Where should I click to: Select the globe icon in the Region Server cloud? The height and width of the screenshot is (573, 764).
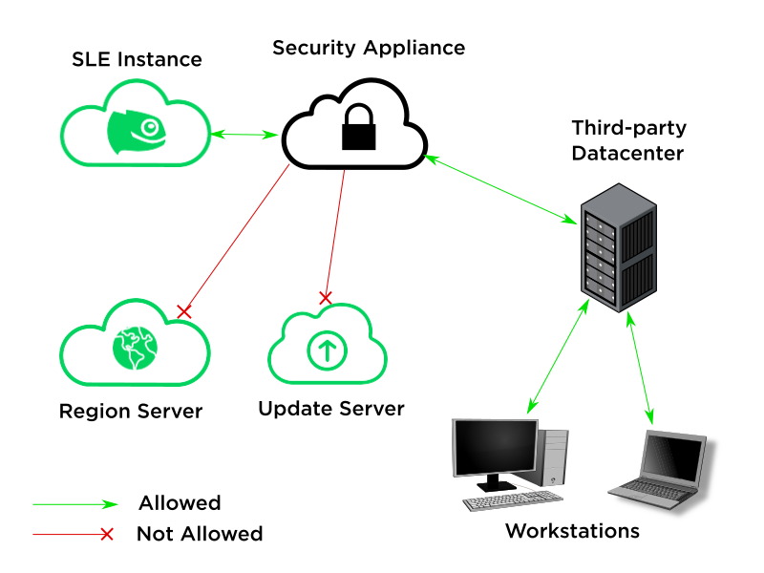click(x=133, y=349)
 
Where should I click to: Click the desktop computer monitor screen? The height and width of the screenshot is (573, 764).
click(x=495, y=449)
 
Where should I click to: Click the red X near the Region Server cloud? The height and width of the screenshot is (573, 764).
click(x=185, y=311)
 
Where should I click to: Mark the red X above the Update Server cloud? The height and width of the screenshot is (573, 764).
click(x=325, y=298)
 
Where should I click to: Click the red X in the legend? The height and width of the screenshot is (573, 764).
click(x=107, y=534)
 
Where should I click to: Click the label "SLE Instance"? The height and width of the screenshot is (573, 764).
click(x=138, y=59)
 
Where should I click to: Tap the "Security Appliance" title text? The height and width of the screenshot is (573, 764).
click(x=369, y=48)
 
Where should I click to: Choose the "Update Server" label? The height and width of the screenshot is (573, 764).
click(x=331, y=409)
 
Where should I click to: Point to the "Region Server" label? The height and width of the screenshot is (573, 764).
click(x=131, y=412)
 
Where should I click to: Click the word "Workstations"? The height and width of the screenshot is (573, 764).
click(x=572, y=531)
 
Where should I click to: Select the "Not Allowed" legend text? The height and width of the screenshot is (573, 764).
click(x=200, y=534)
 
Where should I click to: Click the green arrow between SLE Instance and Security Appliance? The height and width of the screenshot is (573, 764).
click(x=244, y=135)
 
